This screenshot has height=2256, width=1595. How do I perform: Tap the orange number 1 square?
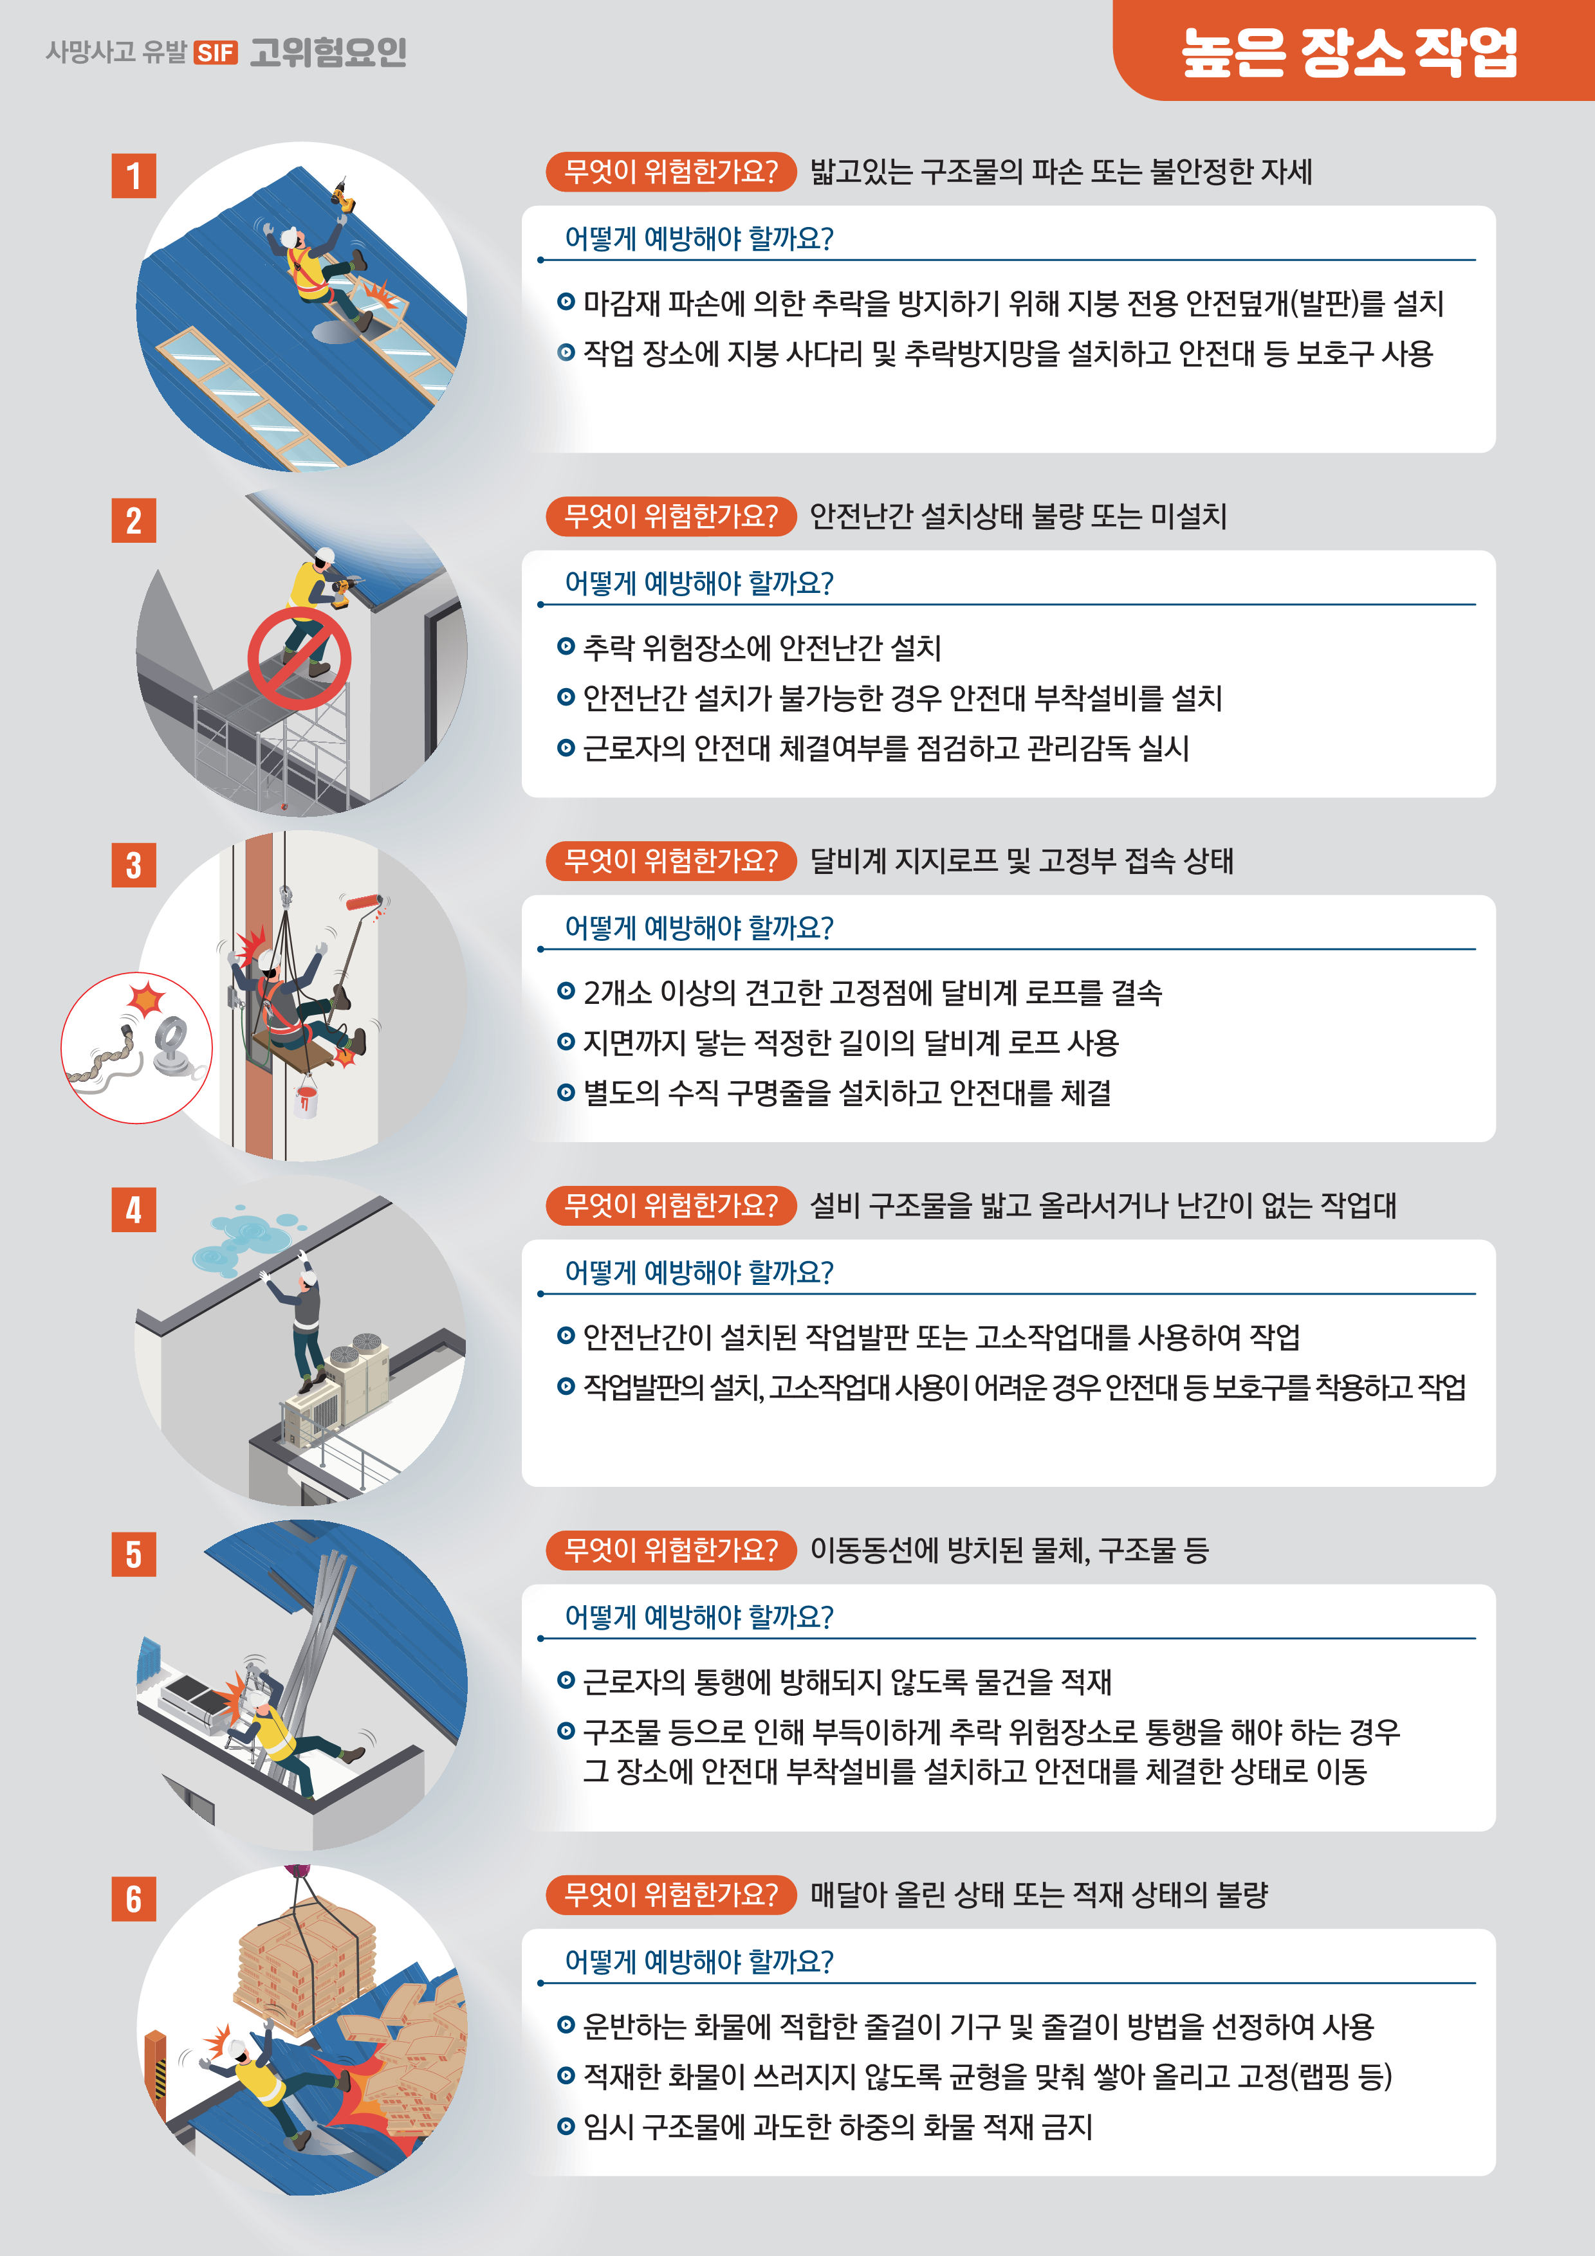click(x=134, y=176)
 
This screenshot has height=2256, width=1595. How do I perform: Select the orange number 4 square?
click(x=134, y=1210)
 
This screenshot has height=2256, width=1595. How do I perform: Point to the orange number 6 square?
click(x=134, y=1898)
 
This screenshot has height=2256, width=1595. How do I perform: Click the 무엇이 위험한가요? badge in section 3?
click(x=671, y=860)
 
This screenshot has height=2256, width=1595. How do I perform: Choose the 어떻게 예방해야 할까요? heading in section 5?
click(x=699, y=1616)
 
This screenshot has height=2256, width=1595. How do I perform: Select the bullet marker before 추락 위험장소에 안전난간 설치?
click(x=566, y=646)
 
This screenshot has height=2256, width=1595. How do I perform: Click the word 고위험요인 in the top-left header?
click(x=327, y=52)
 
